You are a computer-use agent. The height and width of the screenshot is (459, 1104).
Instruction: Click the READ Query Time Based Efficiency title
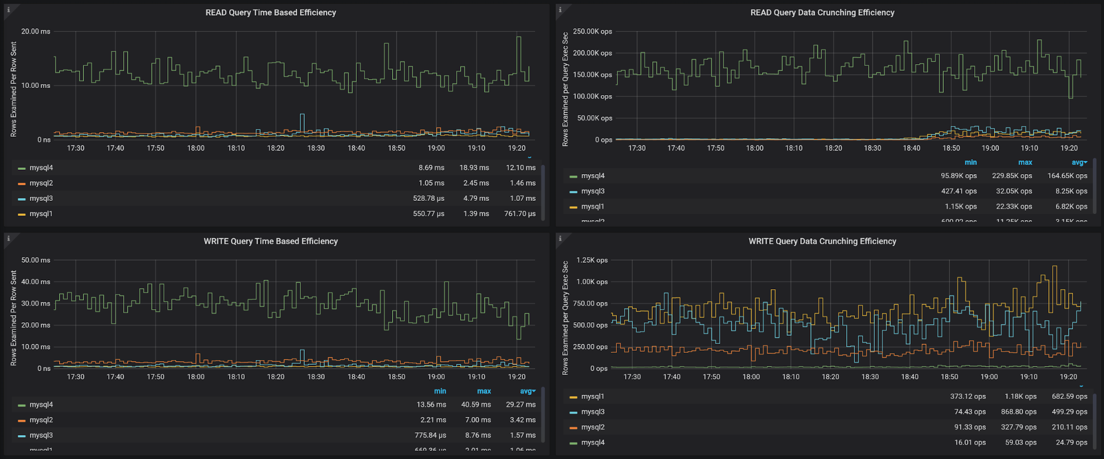[271, 12]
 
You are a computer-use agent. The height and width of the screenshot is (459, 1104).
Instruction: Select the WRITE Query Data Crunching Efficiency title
[822, 241]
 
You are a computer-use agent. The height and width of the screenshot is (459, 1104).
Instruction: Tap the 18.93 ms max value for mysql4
[474, 168]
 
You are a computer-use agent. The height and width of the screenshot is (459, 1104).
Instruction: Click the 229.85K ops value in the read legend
[1012, 176]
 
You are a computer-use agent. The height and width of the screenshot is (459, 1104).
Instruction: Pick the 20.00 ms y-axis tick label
[35, 32]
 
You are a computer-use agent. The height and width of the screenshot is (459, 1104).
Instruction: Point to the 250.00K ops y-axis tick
[592, 32]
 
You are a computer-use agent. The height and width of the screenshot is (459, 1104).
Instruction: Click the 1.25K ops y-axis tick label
[591, 260]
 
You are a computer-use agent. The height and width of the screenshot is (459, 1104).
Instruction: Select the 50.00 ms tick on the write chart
[35, 260]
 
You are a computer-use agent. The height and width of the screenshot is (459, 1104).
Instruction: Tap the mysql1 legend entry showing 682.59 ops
[593, 397]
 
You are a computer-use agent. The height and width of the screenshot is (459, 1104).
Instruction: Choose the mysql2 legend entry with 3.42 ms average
[41, 420]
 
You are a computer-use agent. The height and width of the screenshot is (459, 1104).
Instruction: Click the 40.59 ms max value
[476, 405]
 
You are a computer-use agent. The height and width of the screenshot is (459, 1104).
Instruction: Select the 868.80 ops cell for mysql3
[1018, 412]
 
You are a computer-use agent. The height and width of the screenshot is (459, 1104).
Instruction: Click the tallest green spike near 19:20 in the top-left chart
[519, 39]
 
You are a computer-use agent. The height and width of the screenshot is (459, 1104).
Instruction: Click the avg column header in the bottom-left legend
[527, 391]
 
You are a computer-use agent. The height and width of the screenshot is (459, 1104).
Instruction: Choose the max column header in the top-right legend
[1025, 162]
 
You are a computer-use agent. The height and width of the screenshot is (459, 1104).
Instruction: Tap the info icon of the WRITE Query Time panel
[8, 239]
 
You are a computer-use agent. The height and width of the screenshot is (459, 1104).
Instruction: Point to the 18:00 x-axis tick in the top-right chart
[754, 148]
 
